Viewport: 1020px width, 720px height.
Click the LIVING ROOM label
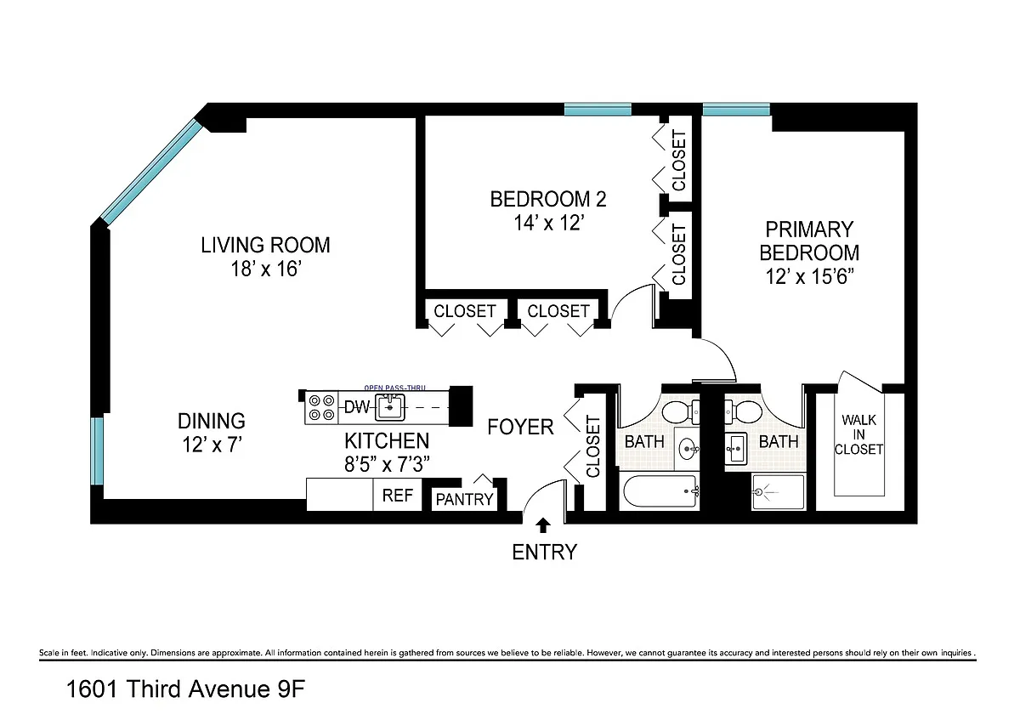(x=265, y=245)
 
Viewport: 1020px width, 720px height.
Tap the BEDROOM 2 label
(x=548, y=200)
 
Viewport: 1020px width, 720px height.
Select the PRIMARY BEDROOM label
(x=809, y=241)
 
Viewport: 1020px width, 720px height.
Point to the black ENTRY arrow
(x=543, y=525)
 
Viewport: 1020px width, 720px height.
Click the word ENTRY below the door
(x=545, y=552)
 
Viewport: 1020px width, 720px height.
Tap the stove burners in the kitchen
(x=321, y=407)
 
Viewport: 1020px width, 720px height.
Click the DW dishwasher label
(x=356, y=407)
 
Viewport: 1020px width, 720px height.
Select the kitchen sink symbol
(x=390, y=407)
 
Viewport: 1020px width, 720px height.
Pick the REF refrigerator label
(x=398, y=496)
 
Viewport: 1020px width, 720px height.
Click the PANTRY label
(x=464, y=500)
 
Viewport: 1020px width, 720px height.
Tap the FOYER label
(x=520, y=428)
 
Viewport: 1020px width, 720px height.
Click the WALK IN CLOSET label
(x=858, y=434)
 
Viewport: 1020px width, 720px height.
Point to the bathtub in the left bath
(x=660, y=491)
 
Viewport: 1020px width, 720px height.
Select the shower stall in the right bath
(x=779, y=492)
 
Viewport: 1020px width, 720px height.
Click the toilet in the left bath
(x=681, y=411)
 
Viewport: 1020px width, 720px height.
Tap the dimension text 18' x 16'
(x=266, y=269)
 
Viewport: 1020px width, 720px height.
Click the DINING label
(x=212, y=422)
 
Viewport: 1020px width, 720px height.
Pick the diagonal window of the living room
(x=150, y=172)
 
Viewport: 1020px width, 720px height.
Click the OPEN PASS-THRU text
(x=394, y=388)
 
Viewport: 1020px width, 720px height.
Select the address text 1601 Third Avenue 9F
(x=186, y=689)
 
